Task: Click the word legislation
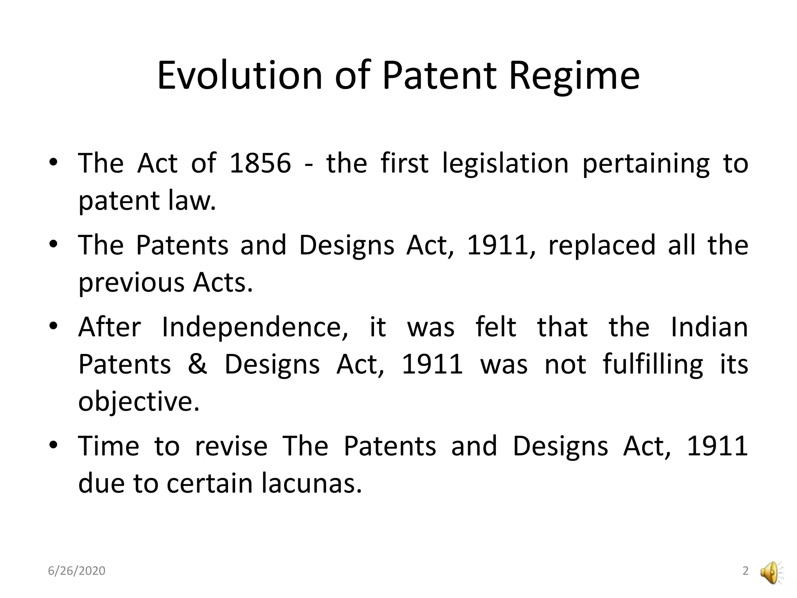506,164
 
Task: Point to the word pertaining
646,164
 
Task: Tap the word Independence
255,327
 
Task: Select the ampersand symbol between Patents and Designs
197,364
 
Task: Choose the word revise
231,446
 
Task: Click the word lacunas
312,484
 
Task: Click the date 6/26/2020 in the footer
77,571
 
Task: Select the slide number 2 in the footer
746,571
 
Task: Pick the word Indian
709,327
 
